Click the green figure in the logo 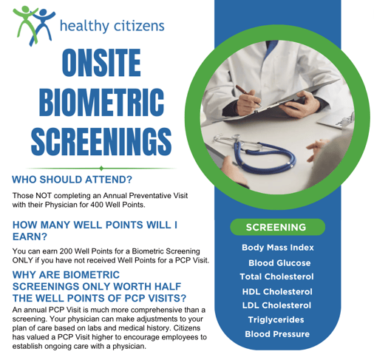pyautogui.click(x=24, y=21)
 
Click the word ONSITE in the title pyautogui.click(x=101, y=63)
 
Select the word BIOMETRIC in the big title pyautogui.click(x=101, y=102)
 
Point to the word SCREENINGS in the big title pyautogui.click(x=101, y=141)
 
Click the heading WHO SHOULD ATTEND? pyautogui.click(x=72, y=180)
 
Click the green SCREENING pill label pyautogui.click(x=277, y=227)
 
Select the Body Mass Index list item pyautogui.click(x=278, y=248)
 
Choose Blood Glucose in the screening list pyautogui.click(x=279, y=263)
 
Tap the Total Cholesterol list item pyautogui.click(x=276, y=276)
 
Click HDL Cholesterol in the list pyautogui.click(x=277, y=292)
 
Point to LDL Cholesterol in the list pyautogui.click(x=276, y=305)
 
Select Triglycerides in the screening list pyautogui.click(x=276, y=319)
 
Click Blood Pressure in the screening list pyautogui.click(x=277, y=334)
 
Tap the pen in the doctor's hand pyautogui.click(x=248, y=95)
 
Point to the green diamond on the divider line pyautogui.click(x=101, y=169)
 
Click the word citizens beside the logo pyautogui.click(x=139, y=26)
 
